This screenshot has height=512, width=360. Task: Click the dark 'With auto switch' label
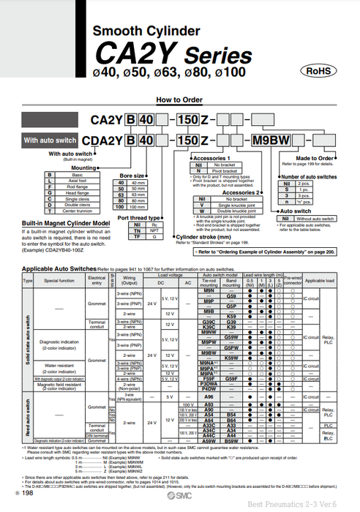(x=50, y=140)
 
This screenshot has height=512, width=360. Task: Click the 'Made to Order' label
(x=315, y=158)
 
